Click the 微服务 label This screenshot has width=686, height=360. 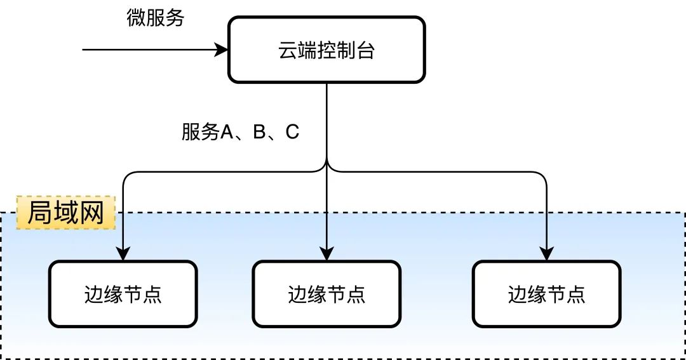pos(155,18)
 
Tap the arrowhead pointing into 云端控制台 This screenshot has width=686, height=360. pos(222,50)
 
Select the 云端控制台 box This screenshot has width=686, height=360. pos(326,50)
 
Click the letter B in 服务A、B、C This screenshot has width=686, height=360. pos(259,132)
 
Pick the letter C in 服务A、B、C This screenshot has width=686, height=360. pos(292,132)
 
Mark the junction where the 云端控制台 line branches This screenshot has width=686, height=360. pos(326,166)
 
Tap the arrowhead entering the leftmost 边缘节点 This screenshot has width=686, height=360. pos(123,254)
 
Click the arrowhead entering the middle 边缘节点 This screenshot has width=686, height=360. pos(326,254)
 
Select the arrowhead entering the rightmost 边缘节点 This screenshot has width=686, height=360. pos(546,254)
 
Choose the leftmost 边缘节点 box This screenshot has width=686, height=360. pos(123,294)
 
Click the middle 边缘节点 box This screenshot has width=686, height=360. pos(326,294)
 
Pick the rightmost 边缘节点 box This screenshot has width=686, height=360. pos(546,294)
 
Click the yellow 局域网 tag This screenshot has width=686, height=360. pos(65,213)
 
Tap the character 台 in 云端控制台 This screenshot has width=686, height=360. pos(365,50)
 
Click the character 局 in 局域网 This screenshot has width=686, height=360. pos(39,213)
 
